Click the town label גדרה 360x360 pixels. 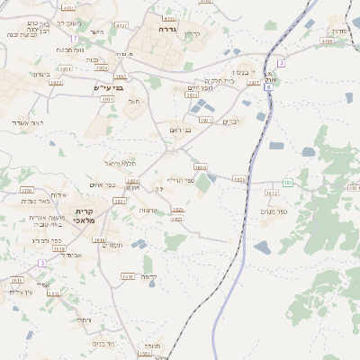coord(166,29)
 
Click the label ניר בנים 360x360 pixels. coord(103,343)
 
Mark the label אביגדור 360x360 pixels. coord(70,255)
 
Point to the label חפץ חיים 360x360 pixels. coord(200,87)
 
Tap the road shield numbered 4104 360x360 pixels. coord(326,40)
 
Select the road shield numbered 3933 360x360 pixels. coord(239,179)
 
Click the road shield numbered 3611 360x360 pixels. coord(128,276)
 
